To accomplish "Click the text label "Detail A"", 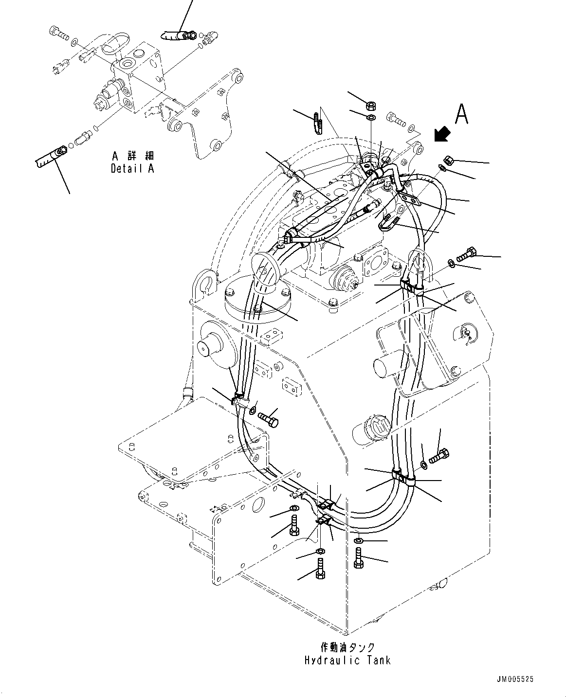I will pyautogui.click(x=132, y=169).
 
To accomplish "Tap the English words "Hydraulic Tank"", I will pyautogui.click(x=347, y=661).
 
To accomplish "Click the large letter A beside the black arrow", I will pyautogui.click(x=461, y=115).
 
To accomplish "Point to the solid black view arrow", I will pyautogui.click(x=442, y=134).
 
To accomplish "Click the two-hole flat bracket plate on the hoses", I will pyautogui.click(x=408, y=197).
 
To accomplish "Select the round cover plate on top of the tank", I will pyautogui.click(x=257, y=300).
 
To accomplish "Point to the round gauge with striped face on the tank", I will pyautogui.click(x=379, y=427).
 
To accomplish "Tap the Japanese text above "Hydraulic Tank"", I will pyautogui.click(x=347, y=647).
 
